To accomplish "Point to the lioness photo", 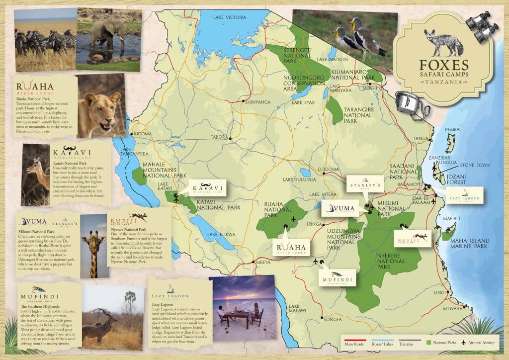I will [101, 106].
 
